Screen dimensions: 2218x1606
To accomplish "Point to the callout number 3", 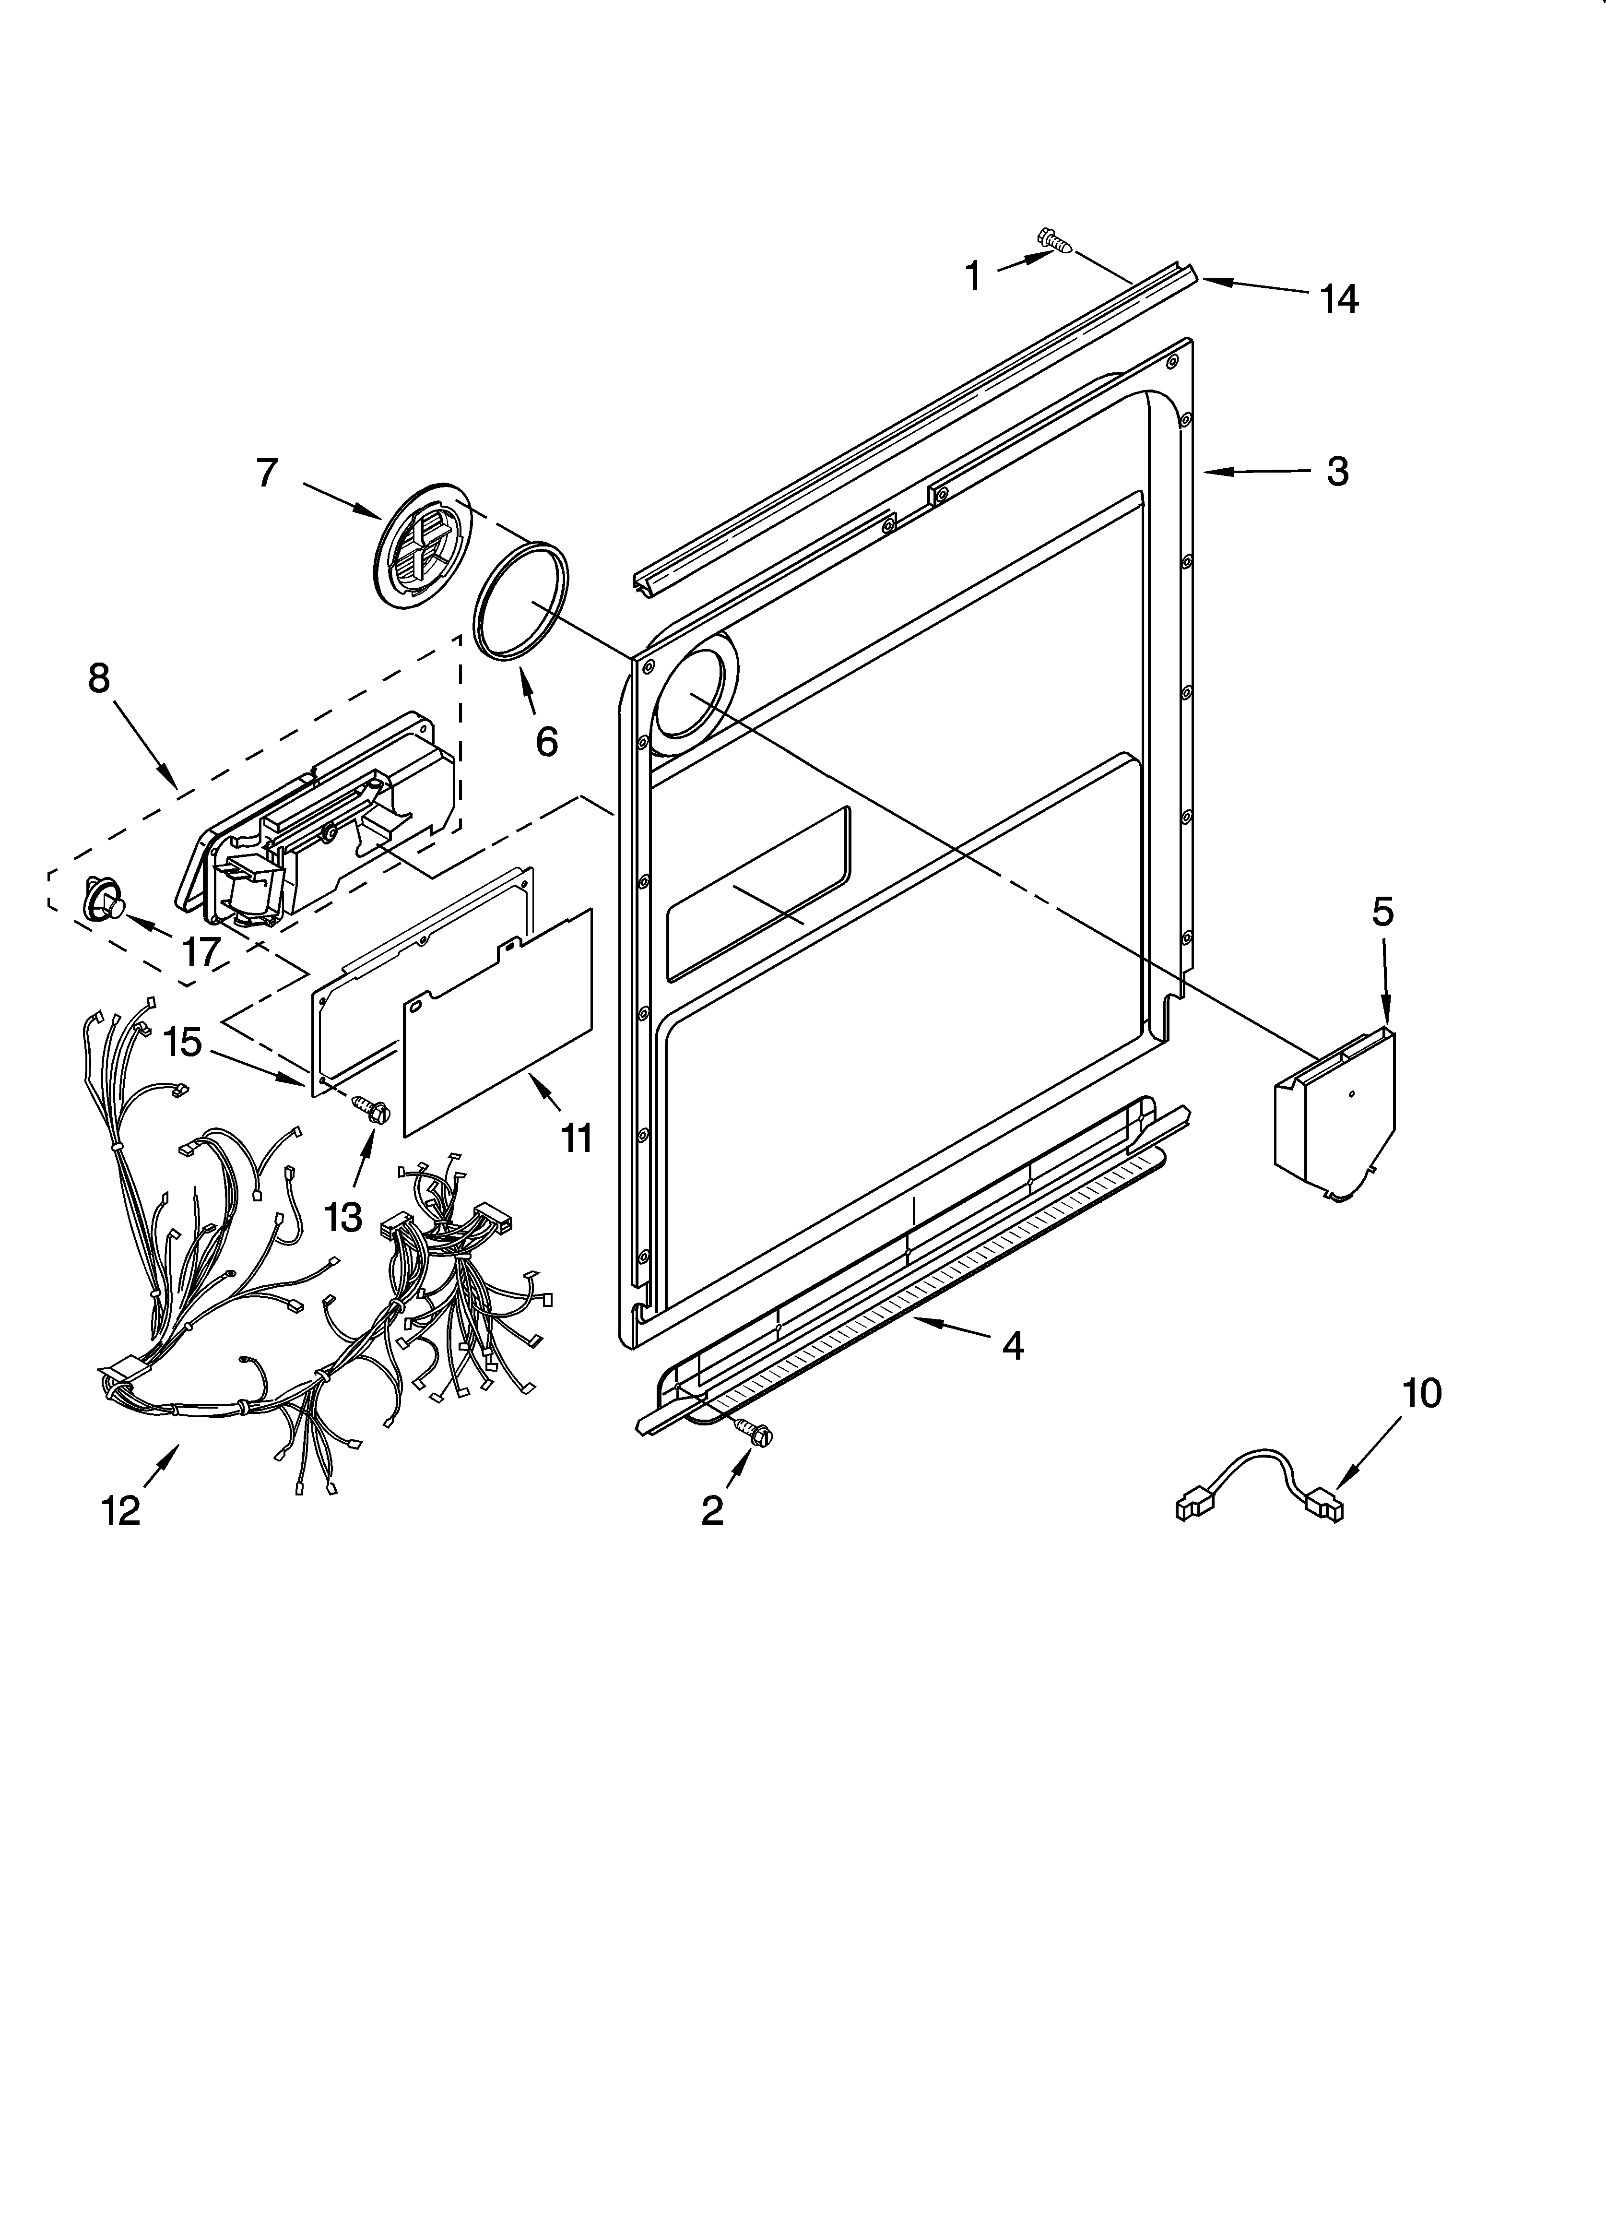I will tap(1337, 471).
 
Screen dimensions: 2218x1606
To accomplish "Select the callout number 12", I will tap(121, 1511).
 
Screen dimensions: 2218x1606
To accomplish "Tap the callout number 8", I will tap(99, 678).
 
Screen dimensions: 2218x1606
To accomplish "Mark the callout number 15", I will tap(183, 1042).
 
